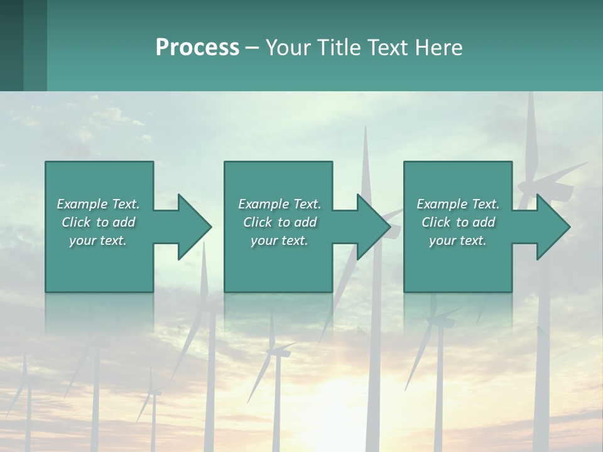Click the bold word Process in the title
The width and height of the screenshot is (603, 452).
click(x=197, y=48)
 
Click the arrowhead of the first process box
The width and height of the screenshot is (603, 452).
click(x=195, y=227)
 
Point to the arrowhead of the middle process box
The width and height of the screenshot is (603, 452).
click(x=374, y=227)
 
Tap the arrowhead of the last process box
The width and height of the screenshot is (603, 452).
click(x=553, y=227)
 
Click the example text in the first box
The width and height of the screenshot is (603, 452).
click(x=98, y=222)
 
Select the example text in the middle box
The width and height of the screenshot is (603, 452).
click(x=279, y=222)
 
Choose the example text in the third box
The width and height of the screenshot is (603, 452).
click(x=458, y=222)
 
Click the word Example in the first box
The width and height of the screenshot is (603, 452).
click(x=82, y=204)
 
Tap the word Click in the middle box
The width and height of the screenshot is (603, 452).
click(x=258, y=222)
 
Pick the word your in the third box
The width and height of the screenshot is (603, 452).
click(x=442, y=240)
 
